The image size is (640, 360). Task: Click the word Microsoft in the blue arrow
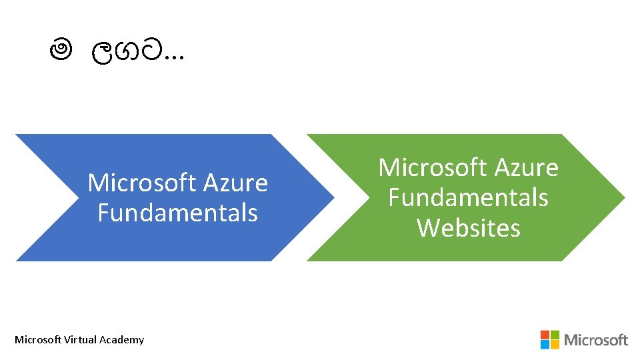coord(143,183)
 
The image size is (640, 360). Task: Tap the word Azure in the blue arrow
coord(236,183)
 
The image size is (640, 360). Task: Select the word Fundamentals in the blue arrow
coord(177,213)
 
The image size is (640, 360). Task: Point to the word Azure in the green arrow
coord(527,167)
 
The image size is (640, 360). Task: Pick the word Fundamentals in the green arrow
coord(468,198)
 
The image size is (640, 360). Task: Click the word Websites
coord(468,228)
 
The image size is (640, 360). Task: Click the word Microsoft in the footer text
coord(38,340)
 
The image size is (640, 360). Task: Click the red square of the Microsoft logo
coord(545,335)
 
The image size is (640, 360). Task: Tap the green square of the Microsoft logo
coord(555,335)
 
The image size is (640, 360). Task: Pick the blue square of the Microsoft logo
coord(545,344)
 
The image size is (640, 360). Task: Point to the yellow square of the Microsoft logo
coord(555,344)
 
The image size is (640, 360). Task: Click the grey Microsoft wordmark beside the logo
coord(596,340)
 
